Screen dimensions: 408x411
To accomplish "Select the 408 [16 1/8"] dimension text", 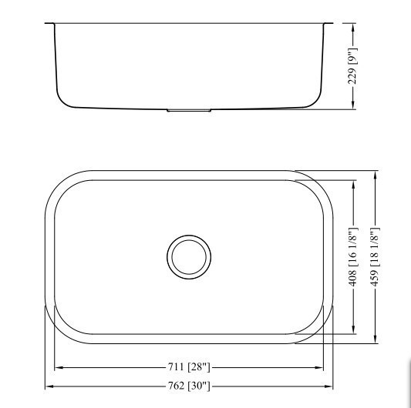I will point(352,257).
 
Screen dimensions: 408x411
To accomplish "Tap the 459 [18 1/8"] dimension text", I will point(376,257).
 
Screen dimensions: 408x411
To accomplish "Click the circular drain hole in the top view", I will point(189,256).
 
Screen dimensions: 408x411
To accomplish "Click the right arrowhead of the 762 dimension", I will point(332,385).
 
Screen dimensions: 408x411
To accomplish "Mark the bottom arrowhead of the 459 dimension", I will point(376,340).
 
